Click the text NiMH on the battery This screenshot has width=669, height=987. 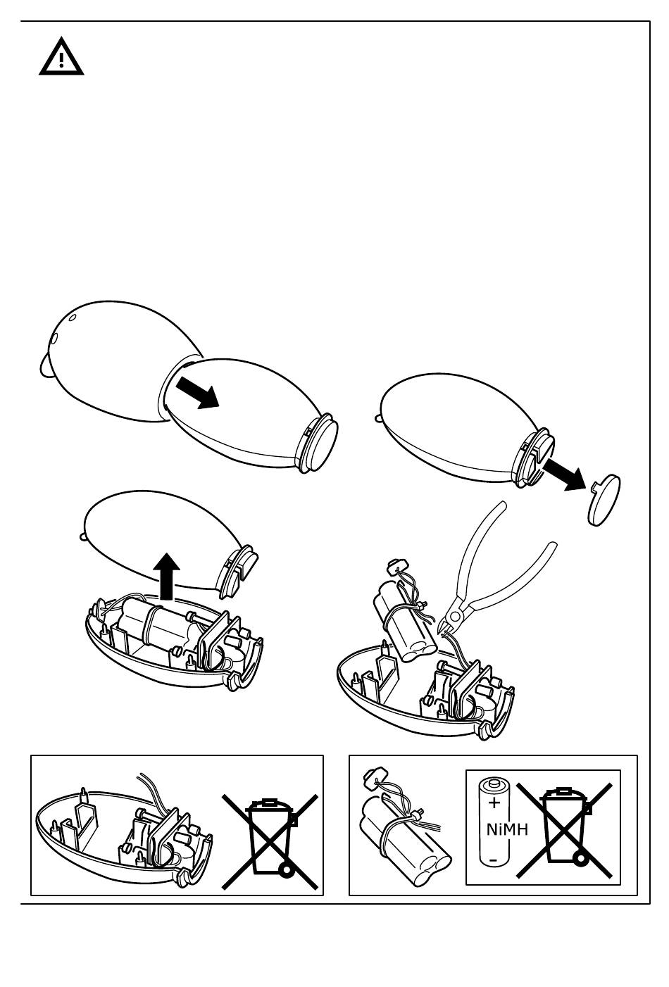[x=507, y=829]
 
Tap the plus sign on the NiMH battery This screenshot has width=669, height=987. [x=494, y=803]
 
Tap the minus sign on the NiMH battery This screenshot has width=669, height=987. [x=493, y=860]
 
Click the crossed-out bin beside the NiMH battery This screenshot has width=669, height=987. [x=564, y=829]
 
